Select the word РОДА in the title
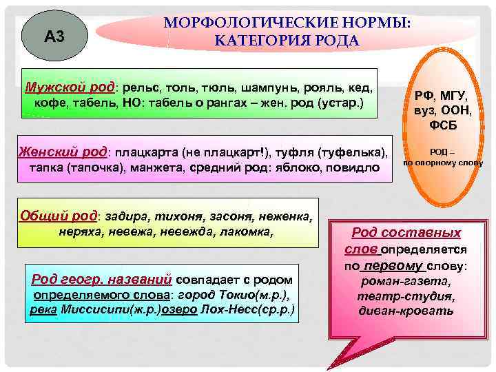pyautogui.click(x=335, y=41)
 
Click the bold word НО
pyautogui.click(x=128, y=103)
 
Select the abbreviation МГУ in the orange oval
pyautogui.click(x=453, y=96)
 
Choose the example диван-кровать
pyautogui.click(x=406, y=311)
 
